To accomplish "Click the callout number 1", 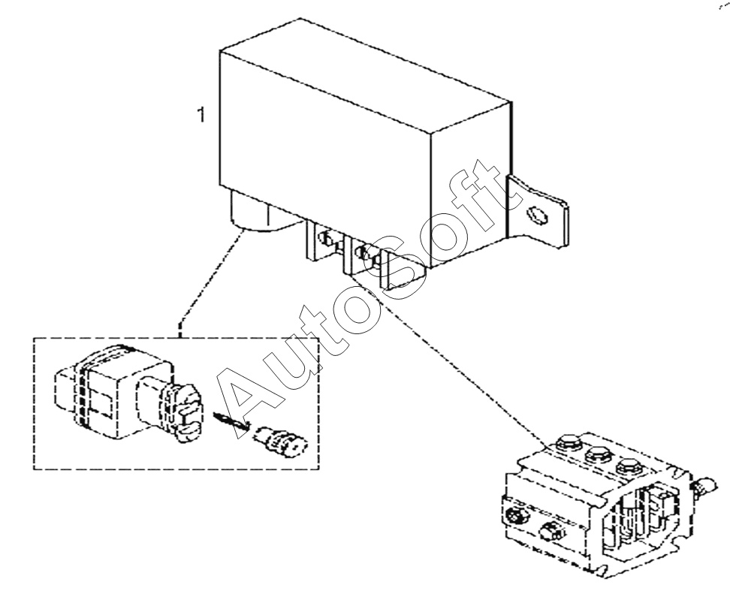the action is click(x=200, y=116).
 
